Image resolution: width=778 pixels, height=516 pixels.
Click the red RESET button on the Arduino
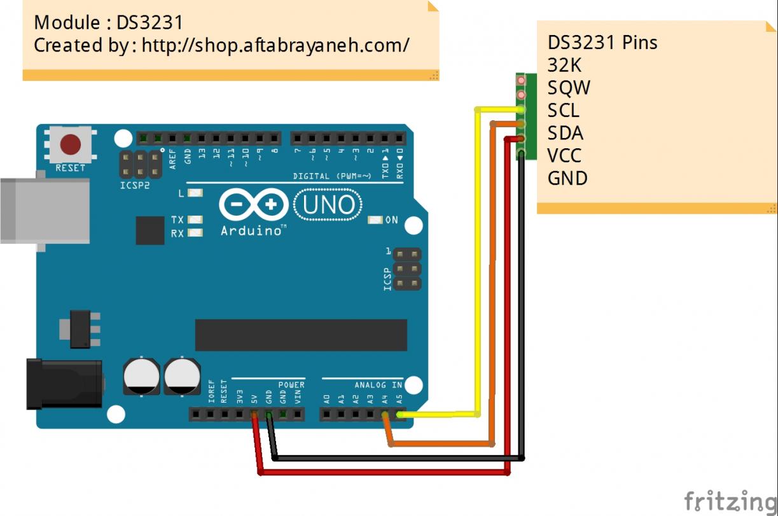point(70,144)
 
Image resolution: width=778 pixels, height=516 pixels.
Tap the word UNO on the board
point(328,205)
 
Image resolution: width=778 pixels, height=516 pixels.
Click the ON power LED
point(375,220)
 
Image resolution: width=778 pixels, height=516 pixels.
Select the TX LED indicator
point(195,220)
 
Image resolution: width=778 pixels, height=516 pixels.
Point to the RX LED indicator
point(195,234)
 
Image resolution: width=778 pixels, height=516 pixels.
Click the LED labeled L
point(195,193)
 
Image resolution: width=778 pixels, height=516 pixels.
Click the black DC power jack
point(64,384)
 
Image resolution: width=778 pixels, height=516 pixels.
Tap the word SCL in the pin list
point(563,111)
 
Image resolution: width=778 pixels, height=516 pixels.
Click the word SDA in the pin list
point(565,133)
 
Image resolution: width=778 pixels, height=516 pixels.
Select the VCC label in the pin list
point(564,155)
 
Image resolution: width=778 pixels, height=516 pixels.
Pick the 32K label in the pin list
point(564,65)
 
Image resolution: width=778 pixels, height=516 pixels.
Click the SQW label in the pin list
point(569,88)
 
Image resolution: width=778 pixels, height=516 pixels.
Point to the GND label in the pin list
point(567,178)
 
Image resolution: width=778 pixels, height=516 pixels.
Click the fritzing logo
point(730,501)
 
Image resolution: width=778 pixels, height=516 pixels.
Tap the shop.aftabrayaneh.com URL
point(275,45)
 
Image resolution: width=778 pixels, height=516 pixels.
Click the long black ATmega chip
point(300,335)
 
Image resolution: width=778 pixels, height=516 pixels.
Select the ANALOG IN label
point(378,385)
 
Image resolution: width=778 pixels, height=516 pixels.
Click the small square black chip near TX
point(150,230)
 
